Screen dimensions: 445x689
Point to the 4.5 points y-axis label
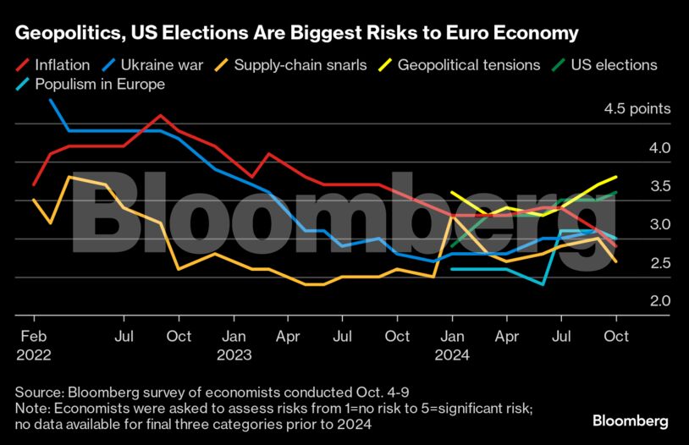(x=637, y=109)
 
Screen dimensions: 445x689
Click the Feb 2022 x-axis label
(x=33, y=346)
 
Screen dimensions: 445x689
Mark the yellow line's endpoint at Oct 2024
(x=615, y=177)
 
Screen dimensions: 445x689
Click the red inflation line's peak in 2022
(x=161, y=115)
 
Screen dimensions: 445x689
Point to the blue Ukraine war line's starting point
(x=51, y=100)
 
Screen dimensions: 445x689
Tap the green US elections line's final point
(x=615, y=192)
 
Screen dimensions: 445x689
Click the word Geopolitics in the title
(x=64, y=33)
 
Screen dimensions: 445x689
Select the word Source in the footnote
(x=36, y=392)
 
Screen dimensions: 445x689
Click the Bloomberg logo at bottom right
(x=631, y=420)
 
